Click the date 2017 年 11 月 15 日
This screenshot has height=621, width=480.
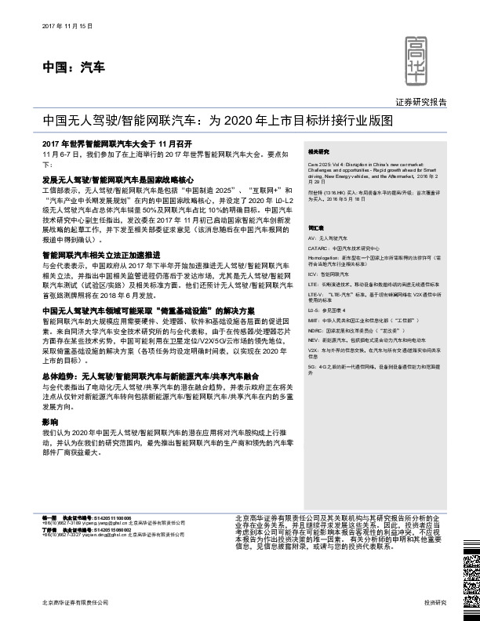[x=66, y=27]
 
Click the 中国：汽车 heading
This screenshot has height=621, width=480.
[x=73, y=69]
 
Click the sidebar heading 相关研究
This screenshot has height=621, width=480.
[x=318, y=151]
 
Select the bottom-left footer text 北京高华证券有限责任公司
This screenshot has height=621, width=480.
[x=74, y=602]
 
